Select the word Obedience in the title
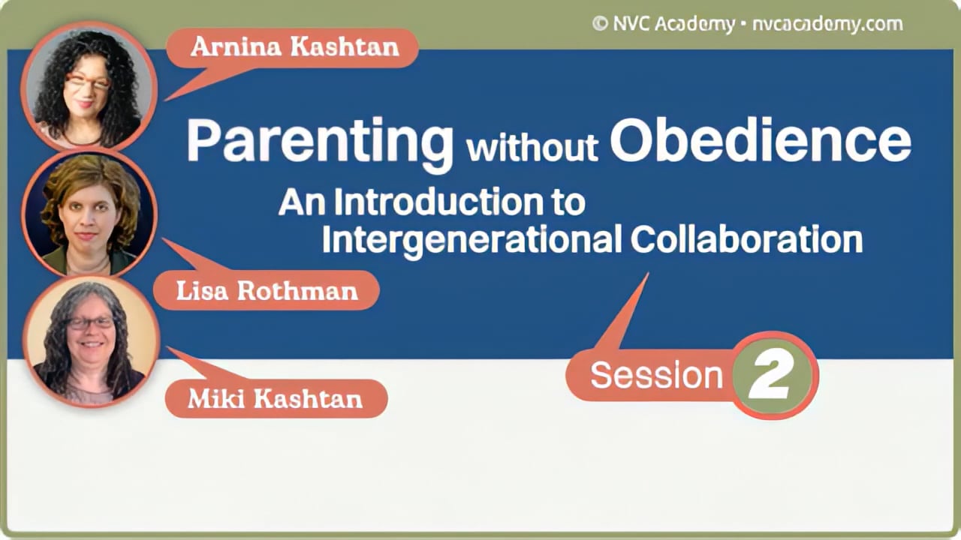click(x=760, y=140)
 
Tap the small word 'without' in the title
click(x=532, y=148)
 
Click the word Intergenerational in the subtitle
click(x=471, y=240)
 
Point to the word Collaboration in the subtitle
click(x=746, y=239)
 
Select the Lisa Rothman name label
click(x=267, y=291)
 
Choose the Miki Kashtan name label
click(x=275, y=398)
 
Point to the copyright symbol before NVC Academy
click(x=600, y=24)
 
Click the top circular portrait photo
click(x=89, y=86)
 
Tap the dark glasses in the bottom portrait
click(x=90, y=323)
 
